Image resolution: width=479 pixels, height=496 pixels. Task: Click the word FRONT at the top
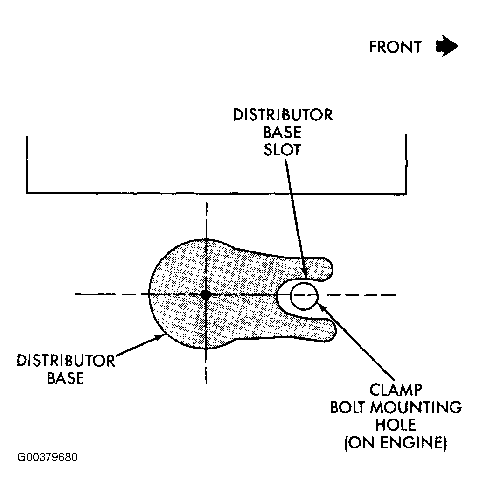pos(395,47)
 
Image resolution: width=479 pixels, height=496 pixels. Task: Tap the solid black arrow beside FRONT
pos(447,46)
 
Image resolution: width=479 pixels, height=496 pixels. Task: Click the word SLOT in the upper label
pos(282,149)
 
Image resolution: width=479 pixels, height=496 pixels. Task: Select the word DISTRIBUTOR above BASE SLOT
pos(283,115)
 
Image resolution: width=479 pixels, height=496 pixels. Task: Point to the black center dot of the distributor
pos(206,294)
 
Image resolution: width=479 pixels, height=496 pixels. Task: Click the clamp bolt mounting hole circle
pos(304,296)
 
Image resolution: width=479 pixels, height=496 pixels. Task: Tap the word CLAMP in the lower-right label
pos(396,390)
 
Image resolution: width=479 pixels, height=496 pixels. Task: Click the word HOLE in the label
pos(395,425)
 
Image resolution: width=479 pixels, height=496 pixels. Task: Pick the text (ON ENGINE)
pos(395,442)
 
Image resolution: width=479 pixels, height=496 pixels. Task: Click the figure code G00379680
pos(48,457)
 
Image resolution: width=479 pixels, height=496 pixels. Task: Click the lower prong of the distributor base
pos(319,329)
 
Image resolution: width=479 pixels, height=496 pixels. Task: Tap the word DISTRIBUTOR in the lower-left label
pos(66,361)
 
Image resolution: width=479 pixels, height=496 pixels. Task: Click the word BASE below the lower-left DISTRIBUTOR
pos(65,378)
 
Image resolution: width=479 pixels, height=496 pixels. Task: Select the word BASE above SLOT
pos(282,132)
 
